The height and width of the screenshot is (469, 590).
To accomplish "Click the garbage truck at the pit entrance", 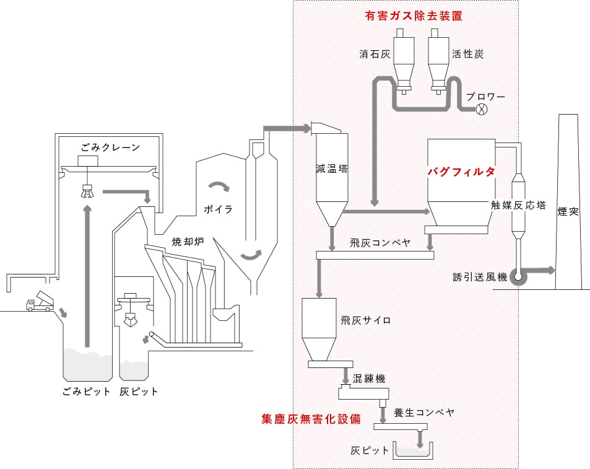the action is tap(40, 302).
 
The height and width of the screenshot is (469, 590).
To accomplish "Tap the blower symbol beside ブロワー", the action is tap(482, 109).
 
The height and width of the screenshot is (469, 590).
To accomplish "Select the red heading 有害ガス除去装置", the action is tap(413, 16).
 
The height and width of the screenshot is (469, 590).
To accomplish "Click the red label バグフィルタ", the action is tap(461, 172).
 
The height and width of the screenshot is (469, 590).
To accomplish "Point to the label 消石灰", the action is tap(375, 54).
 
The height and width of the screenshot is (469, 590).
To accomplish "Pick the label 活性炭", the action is tap(467, 54).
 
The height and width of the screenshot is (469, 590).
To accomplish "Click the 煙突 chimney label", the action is tap(568, 211).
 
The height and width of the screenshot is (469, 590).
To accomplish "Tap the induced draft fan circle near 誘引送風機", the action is tap(518, 277).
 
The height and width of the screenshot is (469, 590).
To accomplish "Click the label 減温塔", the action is tap(332, 169).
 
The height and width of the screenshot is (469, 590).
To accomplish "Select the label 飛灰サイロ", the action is tap(365, 320).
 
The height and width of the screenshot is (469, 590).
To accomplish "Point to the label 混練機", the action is tap(369, 379).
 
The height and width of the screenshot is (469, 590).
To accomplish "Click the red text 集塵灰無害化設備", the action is tap(311, 419).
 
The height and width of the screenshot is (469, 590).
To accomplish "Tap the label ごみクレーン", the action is tap(110, 147).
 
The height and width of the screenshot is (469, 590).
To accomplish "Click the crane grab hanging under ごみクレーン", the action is tap(87, 191).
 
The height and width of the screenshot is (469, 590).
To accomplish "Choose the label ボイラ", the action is tap(218, 209).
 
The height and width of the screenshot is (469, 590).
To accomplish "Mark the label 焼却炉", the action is tap(188, 242).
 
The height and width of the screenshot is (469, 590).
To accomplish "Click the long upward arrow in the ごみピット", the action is tap(87, 276).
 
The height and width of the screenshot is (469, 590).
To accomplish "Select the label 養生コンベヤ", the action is tap(424, 413).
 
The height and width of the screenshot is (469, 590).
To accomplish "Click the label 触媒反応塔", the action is tap(518, 205).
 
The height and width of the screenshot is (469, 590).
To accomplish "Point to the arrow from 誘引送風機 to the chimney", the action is tap(540, 270).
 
